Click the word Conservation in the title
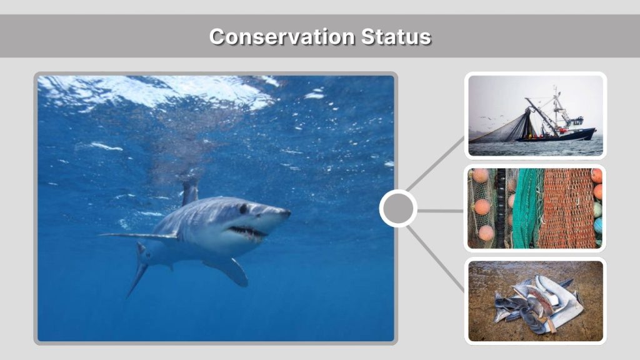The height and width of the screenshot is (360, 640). click(x=282, y=37)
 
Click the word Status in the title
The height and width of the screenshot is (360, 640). click(x=396, y=37)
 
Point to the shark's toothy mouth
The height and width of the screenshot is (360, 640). click(x=247, y=233)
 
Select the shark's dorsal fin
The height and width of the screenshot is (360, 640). click(x=189, y=192)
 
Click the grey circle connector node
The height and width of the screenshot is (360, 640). click(x=398, y=209)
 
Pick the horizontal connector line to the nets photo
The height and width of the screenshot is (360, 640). click(x=440, y=211)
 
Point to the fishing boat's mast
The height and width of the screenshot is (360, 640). click(x=556, y=106)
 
